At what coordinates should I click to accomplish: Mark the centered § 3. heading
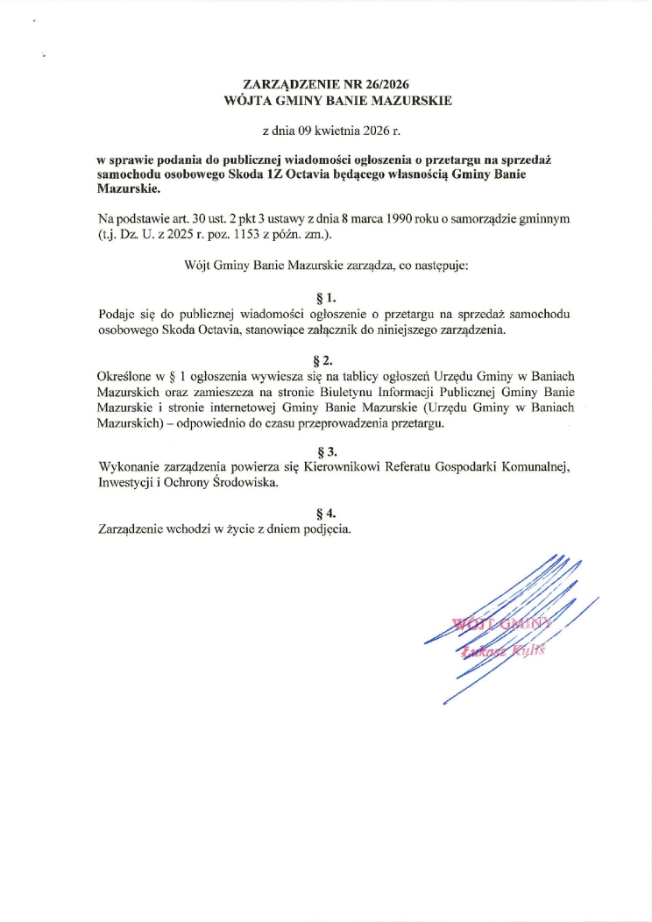325,452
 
